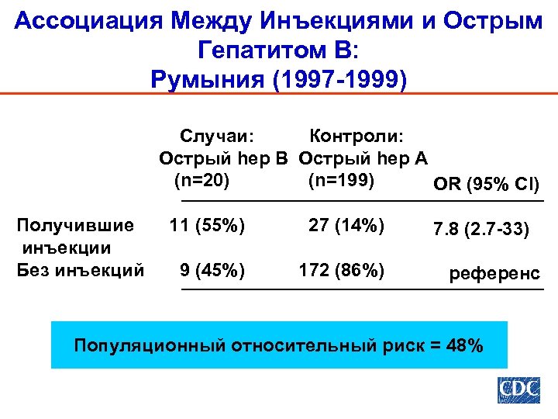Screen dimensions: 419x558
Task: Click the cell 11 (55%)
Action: (207, 226)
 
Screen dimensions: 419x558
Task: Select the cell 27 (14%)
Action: (346, 226)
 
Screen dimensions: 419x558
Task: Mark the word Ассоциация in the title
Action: (92, 21)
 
